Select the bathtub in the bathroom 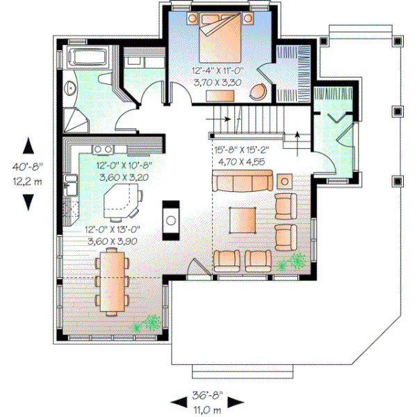87,58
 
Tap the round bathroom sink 70,88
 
